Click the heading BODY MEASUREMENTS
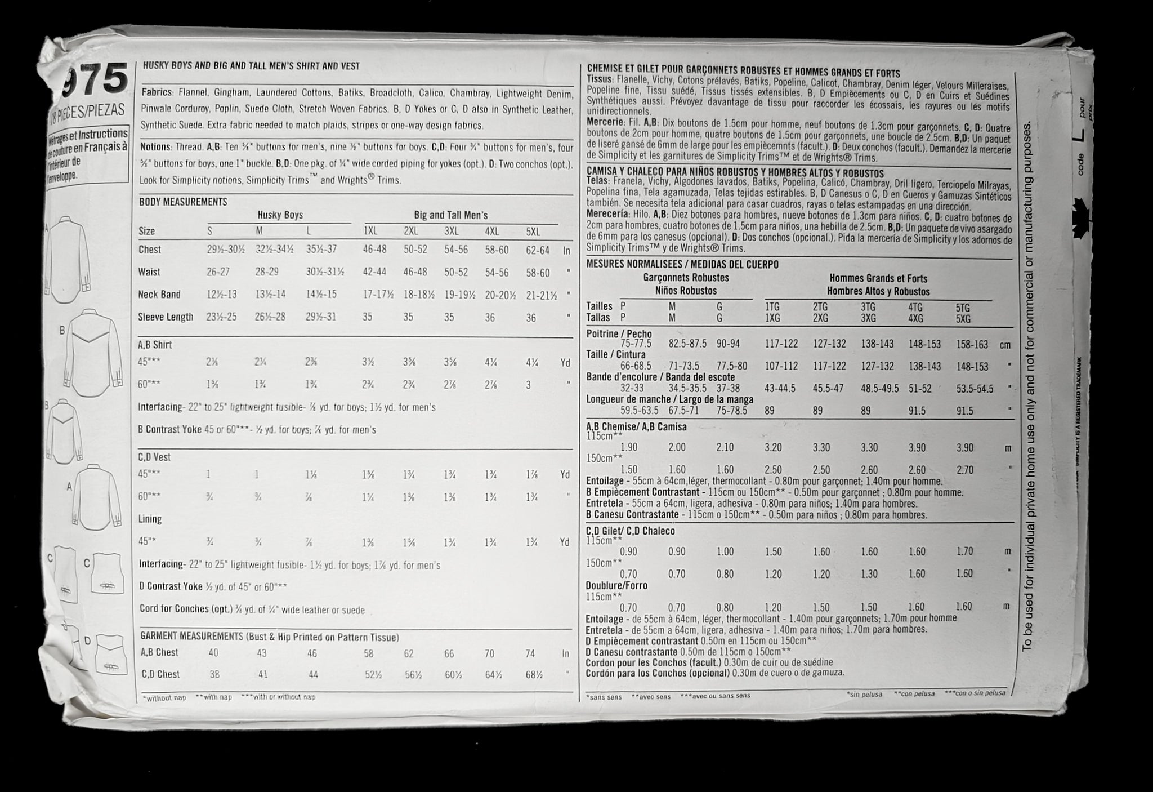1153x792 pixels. (x=183, y=202)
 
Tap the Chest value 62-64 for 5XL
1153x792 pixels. (x=538, y=250)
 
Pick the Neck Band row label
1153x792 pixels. (x=159, y=294)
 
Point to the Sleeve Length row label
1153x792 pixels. (x=166, y=317)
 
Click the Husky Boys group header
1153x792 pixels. (x=280, y=215)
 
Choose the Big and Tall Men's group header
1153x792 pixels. (x=450, y=215)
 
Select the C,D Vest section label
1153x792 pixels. (x=154, y=457)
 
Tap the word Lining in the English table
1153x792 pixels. (x=150, y=519)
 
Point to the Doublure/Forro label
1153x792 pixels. (x=616, y=585)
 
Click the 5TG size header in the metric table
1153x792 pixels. (x=963, y=308)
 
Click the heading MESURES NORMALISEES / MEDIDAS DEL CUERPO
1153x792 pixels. (x=682, y=264)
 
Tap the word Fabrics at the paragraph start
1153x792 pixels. (x=157, y=92)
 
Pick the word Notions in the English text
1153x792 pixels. (x=155, y=147)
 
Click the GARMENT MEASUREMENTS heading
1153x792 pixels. (x=191, y=637)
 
